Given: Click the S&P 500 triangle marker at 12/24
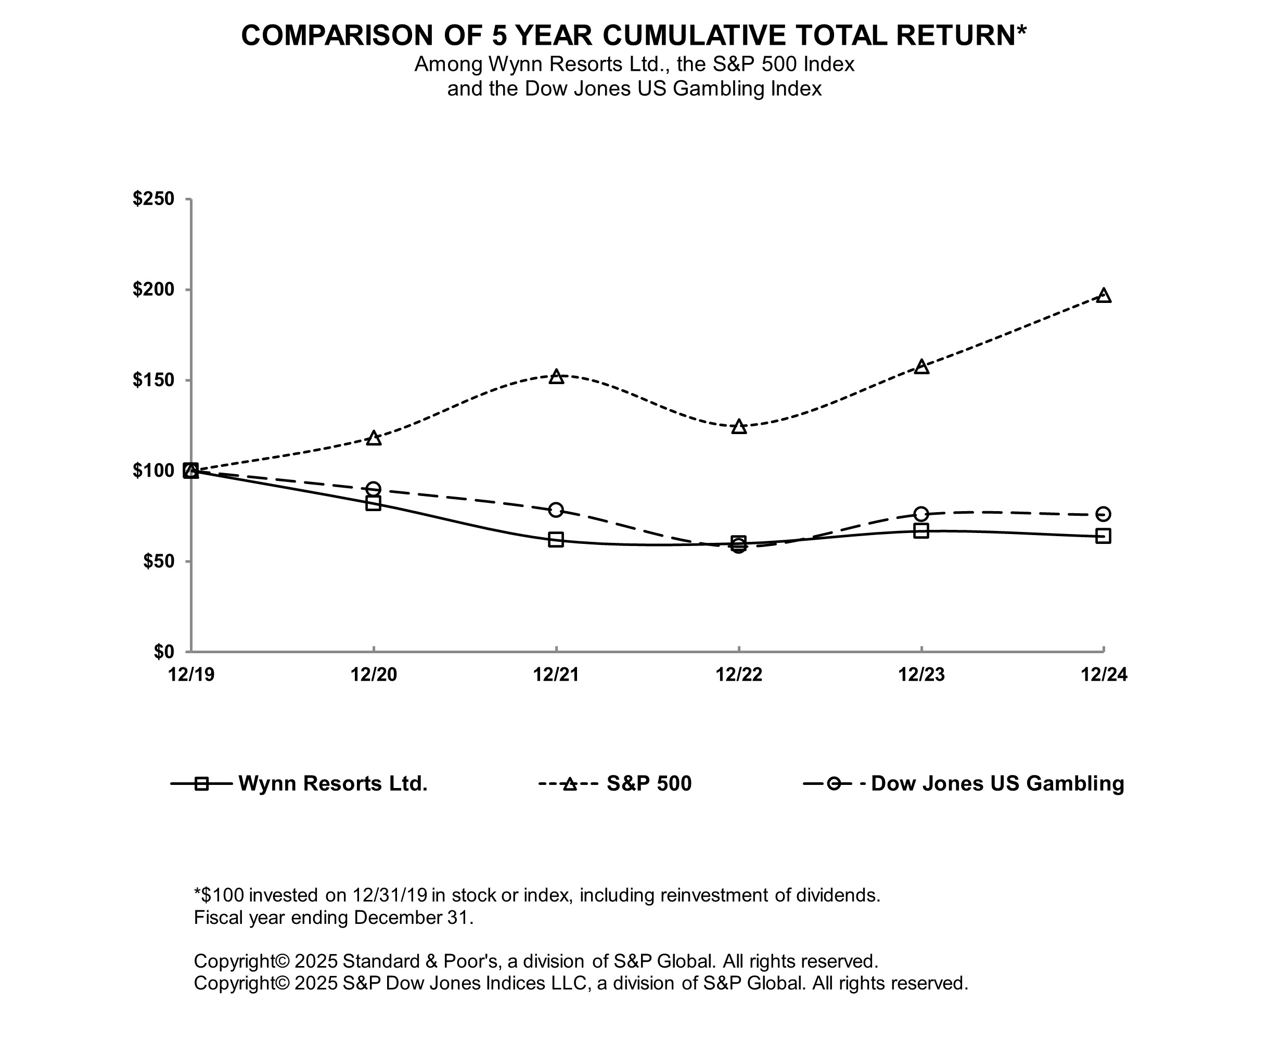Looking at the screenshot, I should (x=1104, y=295).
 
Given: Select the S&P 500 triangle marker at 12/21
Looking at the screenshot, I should (x=556, y=377).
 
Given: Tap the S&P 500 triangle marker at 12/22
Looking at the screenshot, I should (x=739, y=427).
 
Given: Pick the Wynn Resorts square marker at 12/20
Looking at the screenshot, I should (x=374, y=503).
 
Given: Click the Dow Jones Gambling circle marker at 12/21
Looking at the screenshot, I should (x=556, y=510).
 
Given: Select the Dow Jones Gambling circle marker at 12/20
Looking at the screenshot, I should (x=374, y=489).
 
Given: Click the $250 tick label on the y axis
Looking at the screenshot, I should (x=153, y=199).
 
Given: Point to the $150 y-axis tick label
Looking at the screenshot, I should (x=153, y=380).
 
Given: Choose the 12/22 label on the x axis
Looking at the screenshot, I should (x=739, y=675).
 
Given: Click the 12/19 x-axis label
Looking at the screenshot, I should (x=191, y=675).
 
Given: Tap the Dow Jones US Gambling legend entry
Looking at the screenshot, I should (x=997, y=783).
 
